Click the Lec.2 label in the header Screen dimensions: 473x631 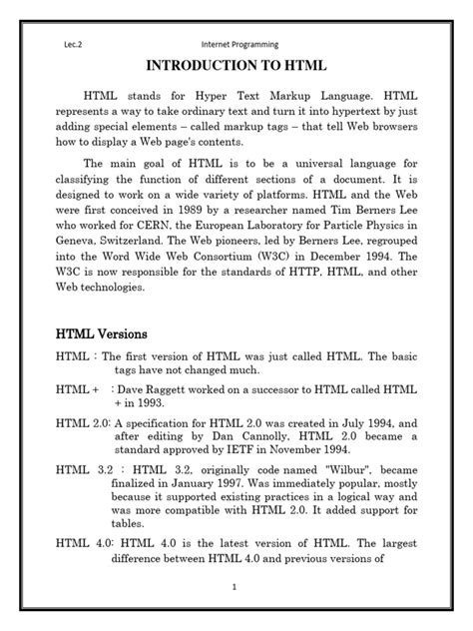[66, 45]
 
